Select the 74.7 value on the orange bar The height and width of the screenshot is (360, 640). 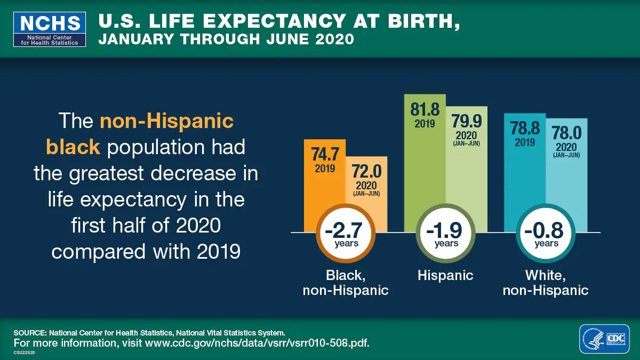[325, 154]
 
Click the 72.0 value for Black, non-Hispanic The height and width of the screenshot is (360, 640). [366, 172]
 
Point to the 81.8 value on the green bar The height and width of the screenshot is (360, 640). [425, 110]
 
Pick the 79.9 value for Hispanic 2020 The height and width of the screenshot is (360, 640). [466, 122]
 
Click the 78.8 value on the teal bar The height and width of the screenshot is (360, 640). [525, 129]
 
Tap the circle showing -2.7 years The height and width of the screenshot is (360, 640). [346, 233]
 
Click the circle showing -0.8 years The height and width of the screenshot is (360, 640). [546, 233]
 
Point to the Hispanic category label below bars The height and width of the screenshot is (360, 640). [445, 275]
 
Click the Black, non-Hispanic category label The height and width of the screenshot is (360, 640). [346, 283]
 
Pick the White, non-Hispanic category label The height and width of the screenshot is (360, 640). [546, 283]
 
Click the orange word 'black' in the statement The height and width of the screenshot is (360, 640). [73, 147]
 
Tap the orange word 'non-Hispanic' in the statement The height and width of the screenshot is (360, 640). [166, 121]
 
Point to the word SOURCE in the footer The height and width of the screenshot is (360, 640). [30, 332]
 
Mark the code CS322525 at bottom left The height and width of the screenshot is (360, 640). [25, 353]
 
